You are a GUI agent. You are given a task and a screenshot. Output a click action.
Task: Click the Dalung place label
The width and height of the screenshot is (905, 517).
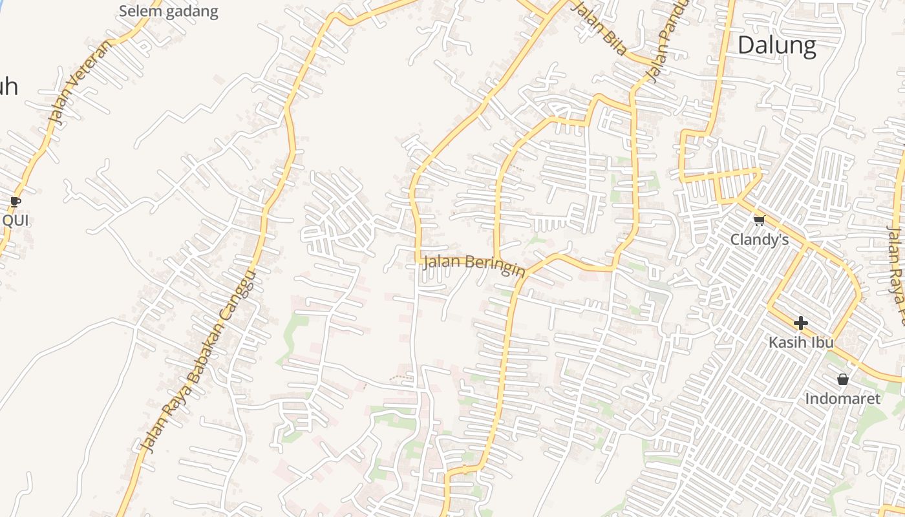[776, 46]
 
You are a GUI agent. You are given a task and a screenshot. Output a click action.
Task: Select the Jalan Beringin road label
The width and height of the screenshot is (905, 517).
[474, 266]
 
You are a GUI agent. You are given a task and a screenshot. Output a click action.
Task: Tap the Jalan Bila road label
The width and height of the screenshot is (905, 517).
[601, 28]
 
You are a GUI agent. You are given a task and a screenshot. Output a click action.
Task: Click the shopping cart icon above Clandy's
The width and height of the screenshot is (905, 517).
[759, 220]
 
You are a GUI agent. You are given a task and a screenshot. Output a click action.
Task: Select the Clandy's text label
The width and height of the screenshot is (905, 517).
[760, 240]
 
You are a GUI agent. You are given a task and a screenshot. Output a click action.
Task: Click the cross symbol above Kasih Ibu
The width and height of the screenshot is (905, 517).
[801, 322]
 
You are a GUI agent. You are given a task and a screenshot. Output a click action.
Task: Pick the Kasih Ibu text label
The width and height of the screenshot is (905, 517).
[801, 342]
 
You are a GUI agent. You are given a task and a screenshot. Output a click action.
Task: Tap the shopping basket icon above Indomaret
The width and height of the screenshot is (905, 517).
[842, 379]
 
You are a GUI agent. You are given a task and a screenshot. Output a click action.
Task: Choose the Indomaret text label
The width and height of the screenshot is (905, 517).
[842, 399]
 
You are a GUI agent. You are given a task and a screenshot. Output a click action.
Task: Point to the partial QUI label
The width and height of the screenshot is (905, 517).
[16, 220]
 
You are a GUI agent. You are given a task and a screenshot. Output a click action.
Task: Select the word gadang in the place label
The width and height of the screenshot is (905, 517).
[194, 12]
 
